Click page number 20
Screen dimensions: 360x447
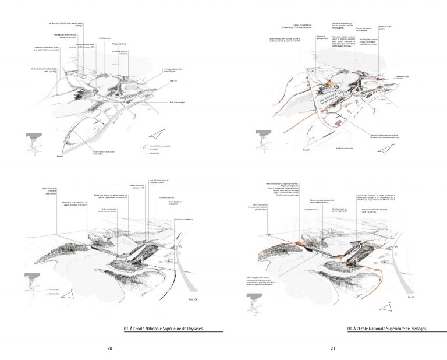coord(110,348)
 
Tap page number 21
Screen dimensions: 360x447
coord(334,348)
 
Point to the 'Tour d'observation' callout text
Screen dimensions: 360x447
coord(105,38)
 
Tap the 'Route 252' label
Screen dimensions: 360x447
coord(173,81)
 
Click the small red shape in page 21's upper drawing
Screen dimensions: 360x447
coord(339,123)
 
